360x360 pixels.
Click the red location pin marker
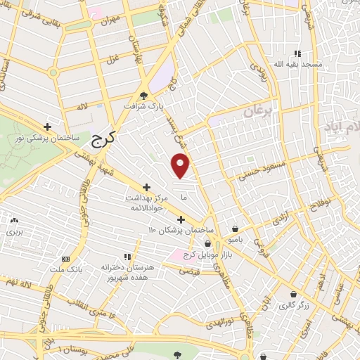tap(181, 165)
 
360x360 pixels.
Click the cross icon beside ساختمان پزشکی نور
tap(47, 127)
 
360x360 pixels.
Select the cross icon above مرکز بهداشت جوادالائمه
tap(146, 187)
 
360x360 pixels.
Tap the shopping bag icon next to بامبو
tap(234, 229)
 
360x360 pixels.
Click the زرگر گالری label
tap(295, 305)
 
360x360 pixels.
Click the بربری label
tap(15, 231)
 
